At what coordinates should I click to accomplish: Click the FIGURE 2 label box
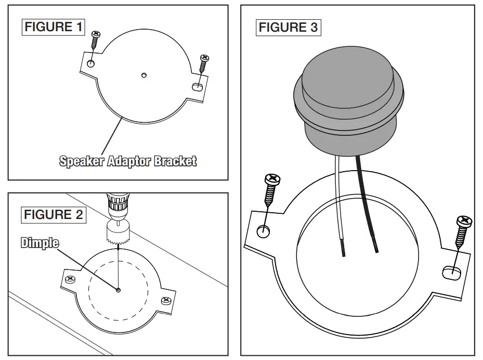(54, 214)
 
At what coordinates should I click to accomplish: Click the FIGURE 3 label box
(288, 27)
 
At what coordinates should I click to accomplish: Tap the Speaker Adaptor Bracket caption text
(128, 161)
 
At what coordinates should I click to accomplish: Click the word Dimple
(40, 242)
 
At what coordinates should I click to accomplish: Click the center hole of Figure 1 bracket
(144, 75)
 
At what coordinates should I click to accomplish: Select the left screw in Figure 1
(95, 40)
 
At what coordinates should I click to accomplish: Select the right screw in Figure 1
(203, 63)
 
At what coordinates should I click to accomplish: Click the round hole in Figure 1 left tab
(91, 63)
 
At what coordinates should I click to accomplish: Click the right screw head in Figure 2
(166, 300)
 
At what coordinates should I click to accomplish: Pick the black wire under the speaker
(366, 203)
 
